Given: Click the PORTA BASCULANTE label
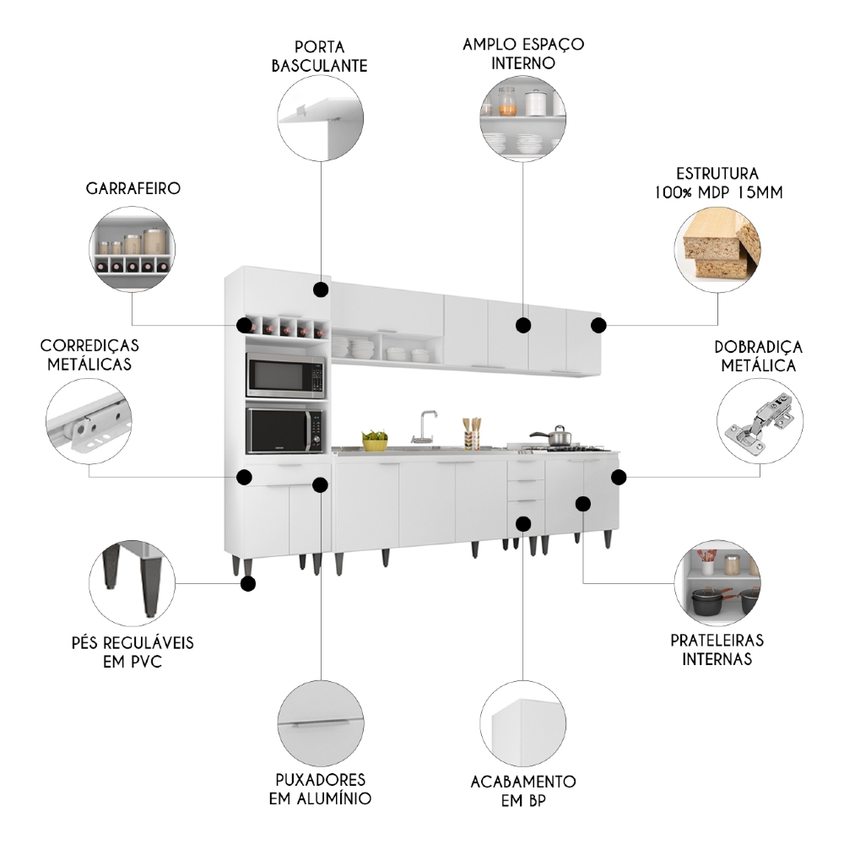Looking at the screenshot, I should [319, 55].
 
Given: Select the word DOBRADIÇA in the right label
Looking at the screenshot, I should [758, 347].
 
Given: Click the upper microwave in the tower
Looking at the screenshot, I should [285, 376].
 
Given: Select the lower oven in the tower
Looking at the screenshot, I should [285, 430].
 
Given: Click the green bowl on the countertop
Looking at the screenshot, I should [375, 440].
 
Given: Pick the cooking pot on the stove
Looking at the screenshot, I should [557, 436].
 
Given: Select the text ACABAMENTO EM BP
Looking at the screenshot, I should [523, 790].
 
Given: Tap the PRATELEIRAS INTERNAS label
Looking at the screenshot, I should [717, 649].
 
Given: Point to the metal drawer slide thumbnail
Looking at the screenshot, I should [89, 418].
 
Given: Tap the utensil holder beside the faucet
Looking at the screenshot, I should [472, 436].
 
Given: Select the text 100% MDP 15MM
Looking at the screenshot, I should [717, 192].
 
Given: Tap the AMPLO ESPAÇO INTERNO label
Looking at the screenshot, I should [523, 52].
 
